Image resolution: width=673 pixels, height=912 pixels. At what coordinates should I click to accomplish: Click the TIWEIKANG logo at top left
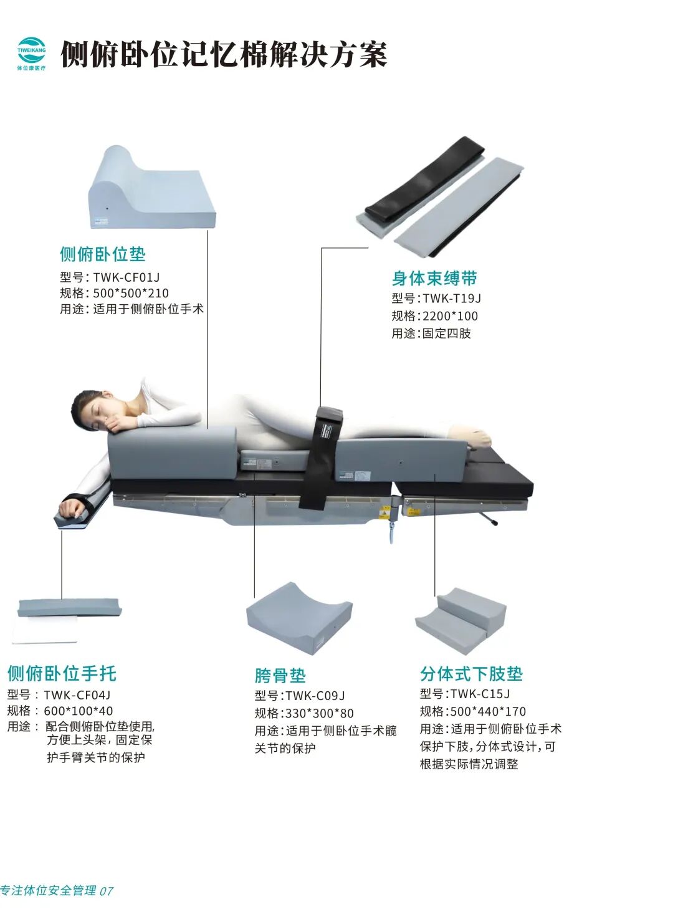click(x=31, y=54)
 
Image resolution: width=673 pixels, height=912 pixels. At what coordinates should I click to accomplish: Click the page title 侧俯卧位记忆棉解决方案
click(x=224, y=55)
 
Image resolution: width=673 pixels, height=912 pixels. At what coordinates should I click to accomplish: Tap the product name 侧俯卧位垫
click(x=103, y=254)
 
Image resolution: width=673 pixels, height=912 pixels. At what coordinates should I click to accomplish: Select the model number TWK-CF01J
click(x=126, y=277)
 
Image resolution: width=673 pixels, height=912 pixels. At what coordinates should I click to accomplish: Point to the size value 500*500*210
click(x=131, y=293)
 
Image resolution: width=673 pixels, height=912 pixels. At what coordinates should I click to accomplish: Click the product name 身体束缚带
click(x=434, y=278)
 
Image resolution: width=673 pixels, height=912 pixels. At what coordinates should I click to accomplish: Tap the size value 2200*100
click(x=451, y=316)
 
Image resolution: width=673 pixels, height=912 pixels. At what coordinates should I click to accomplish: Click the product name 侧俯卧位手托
click(x=62, y=673)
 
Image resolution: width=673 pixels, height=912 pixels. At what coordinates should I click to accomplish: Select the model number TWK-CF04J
click(x=77, y=695)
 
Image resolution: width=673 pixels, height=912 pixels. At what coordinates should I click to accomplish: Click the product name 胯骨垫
click(x=280, y=676)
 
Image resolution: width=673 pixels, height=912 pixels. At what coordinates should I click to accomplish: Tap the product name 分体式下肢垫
click(x=471, y=674)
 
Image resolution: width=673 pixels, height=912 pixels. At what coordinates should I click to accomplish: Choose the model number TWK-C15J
click(x=480, y=694)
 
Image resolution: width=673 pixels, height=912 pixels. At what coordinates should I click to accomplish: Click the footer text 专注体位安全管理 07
click(x=56, y=891)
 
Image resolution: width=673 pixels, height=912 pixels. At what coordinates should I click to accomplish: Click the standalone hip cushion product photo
click(x=300, y=617)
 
